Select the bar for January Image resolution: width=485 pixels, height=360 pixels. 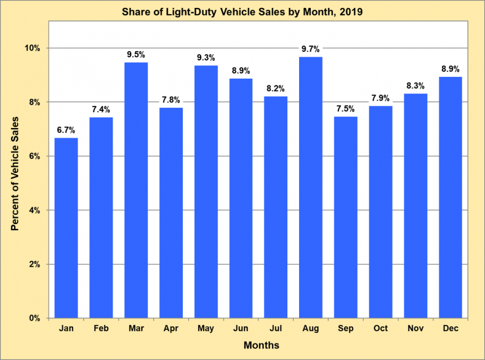click(x=66, y=228)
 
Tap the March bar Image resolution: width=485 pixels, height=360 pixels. click(x=136, y=190)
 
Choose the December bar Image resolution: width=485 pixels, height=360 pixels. click(x=451, y=198)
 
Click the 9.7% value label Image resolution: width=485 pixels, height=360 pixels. click(x=311, y=48)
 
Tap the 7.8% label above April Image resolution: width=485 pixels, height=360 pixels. click(x=171, y=99)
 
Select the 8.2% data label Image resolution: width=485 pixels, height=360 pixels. click(x=276, y=88)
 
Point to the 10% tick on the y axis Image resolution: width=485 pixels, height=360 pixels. click(x=33, y=48)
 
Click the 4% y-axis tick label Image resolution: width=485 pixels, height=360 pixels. click(x=34, y=210)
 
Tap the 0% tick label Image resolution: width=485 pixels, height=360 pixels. click(x=34, y=319)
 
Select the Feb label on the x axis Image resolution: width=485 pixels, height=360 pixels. click(x=101, y=329)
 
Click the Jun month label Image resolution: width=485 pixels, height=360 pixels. click(x=241, y=329)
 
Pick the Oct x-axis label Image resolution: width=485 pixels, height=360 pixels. click(x=380, y=329)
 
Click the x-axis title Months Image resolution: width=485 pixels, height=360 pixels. click(x=261, y=345)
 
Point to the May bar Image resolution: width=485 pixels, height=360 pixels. click(x=206, y=191)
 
